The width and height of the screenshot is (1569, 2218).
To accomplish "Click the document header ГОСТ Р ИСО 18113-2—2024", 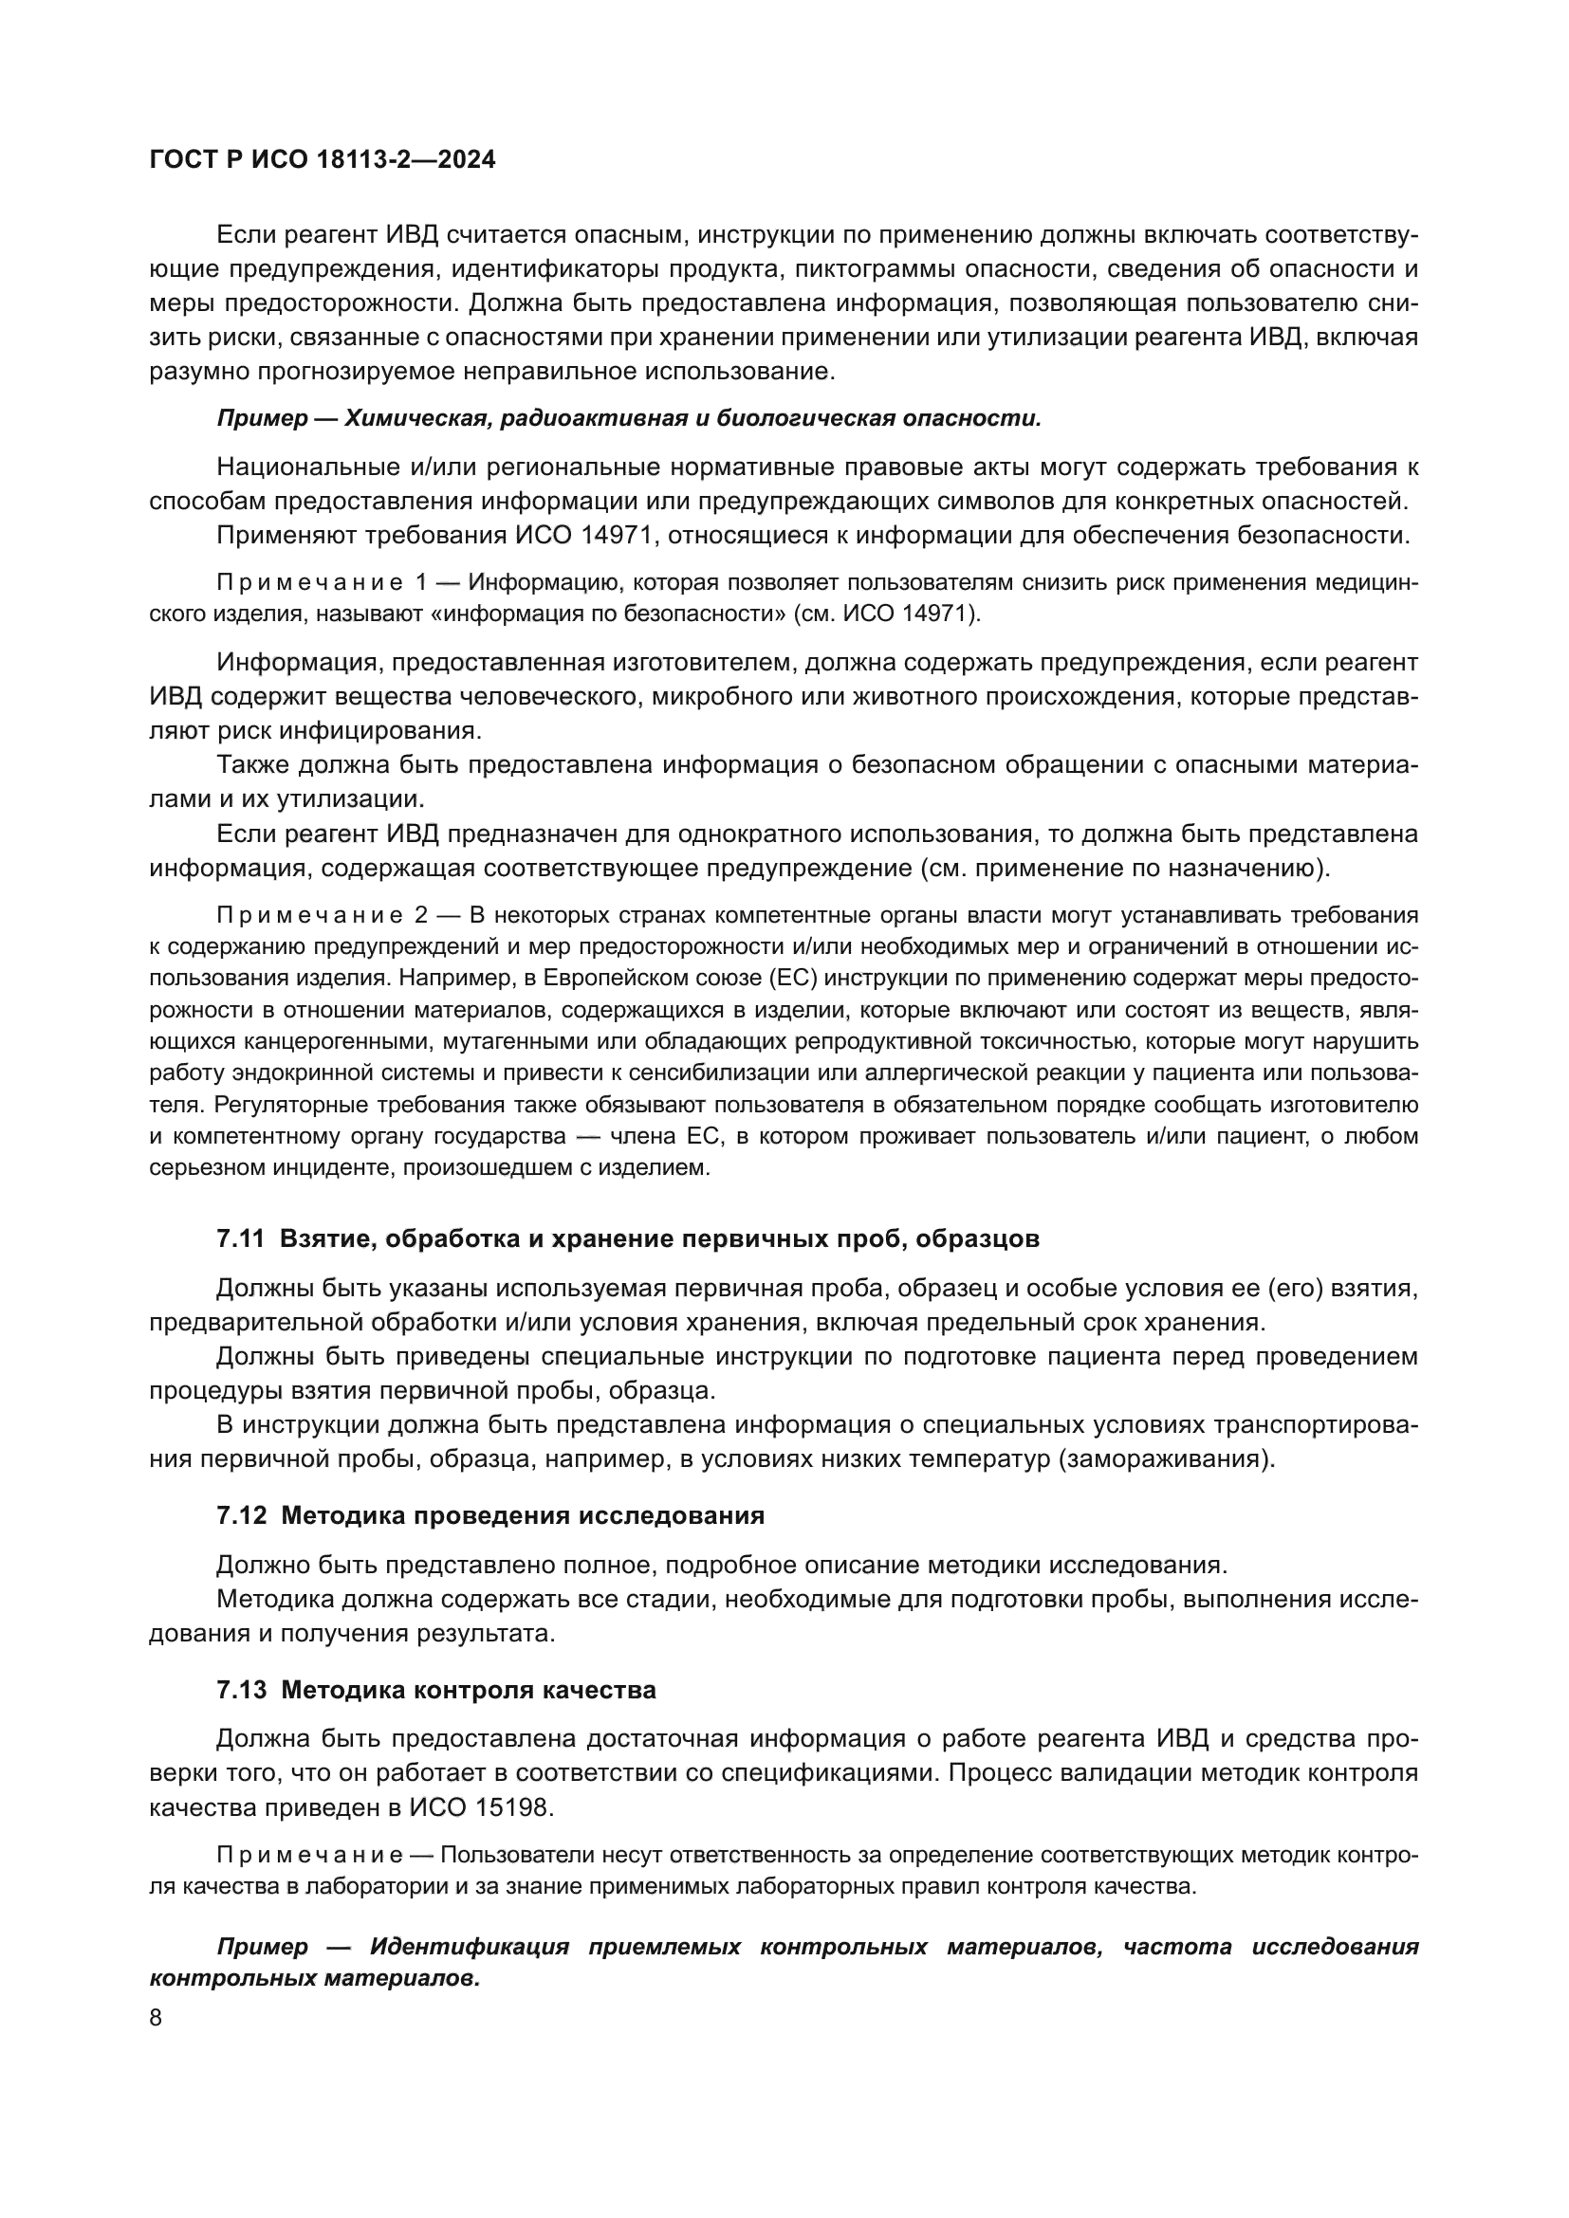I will point(323,160).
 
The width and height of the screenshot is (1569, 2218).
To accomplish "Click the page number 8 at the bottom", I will point(156,2018).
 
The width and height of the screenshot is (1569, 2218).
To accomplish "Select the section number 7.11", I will point(241,1239).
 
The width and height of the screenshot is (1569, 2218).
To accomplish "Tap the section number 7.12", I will point(241,1515).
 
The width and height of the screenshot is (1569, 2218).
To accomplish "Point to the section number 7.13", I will point(241,1690).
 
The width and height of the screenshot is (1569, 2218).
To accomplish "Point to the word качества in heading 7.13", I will point(606,1690).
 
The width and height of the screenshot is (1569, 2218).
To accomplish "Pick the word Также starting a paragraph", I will point(252,765).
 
